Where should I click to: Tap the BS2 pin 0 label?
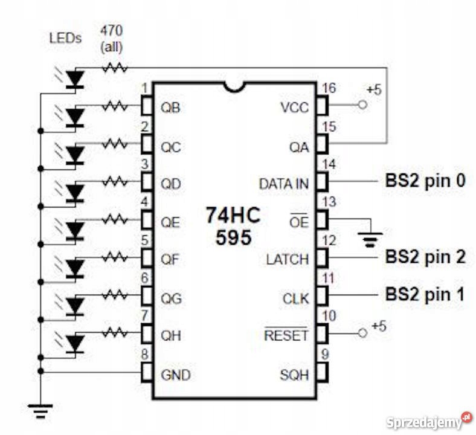(425, 181)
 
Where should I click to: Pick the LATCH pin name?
(287, 259)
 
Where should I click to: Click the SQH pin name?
(294, 375)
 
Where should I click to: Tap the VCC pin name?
(295, 108)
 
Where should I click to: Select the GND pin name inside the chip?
(175, 375)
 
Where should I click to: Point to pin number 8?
(144, 356)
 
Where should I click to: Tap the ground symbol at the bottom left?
(40, 411)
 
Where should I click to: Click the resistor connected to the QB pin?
(114, 106)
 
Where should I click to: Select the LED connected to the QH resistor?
(74, 343)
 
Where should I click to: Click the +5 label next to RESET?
(378, 326)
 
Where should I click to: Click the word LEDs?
(64, 39)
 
